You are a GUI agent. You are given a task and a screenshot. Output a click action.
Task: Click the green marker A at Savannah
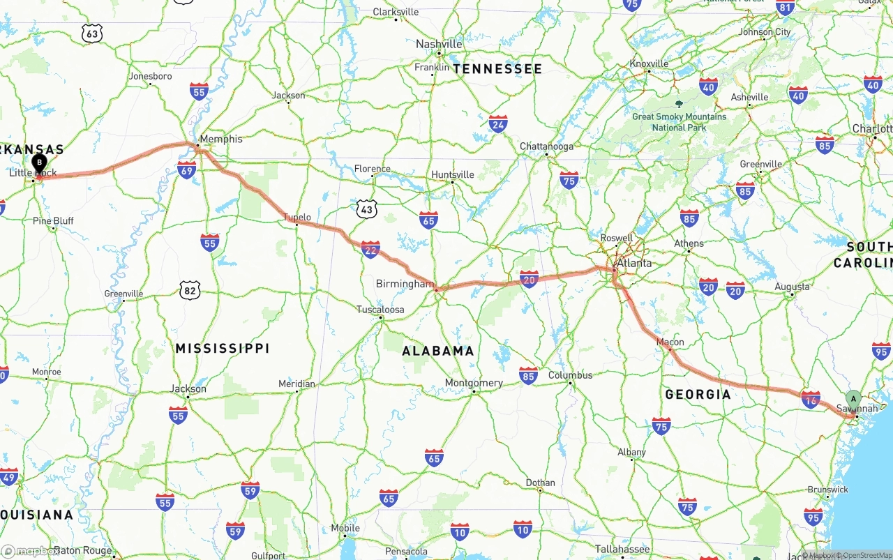[x=853, y=399]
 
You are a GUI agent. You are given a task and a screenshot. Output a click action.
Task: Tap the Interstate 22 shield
[x=370, y=249]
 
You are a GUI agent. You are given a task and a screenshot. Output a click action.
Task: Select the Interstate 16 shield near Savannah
[x=811, y=399]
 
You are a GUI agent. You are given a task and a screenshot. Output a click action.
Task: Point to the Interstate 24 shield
[x=498, y=125]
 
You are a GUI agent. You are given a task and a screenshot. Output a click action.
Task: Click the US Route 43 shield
[x=366, y=209]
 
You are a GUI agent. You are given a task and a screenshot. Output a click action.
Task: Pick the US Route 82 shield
[x=190, y=290]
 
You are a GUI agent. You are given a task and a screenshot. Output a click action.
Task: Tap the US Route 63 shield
[x=91, y=33]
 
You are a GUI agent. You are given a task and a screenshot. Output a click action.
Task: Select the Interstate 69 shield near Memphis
[x=186, y=169]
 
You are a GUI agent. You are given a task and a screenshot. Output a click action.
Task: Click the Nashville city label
[x=439, y=44]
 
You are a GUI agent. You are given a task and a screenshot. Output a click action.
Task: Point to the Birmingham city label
[x=405, y=284]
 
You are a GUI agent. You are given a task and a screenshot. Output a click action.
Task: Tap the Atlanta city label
[x=634, y=263]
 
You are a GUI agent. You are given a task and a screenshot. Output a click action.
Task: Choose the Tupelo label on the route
[x=297, y=218]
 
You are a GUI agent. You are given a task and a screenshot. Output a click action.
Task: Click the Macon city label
[x=670, y=342]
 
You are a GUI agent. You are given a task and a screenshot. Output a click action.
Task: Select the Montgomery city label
[x=474, y=383]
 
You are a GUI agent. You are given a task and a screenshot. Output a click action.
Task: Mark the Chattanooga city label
[x=546, y=146]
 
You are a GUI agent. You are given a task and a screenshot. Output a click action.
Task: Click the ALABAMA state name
[x=438, y=351]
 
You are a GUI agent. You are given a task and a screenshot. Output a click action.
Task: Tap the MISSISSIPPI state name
[x=223, y=348]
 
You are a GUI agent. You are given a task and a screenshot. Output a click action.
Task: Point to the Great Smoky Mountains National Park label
[x=679, y=122]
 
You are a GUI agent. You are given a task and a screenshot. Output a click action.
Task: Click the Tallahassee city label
[x=622, y=550]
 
